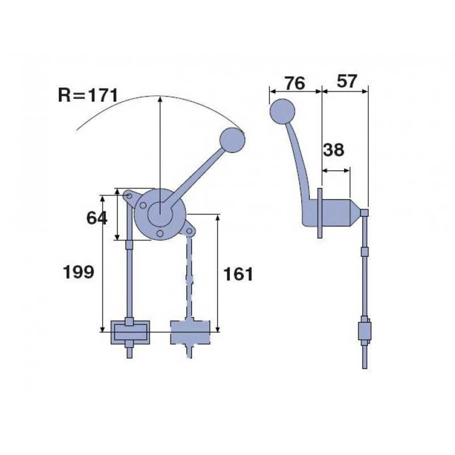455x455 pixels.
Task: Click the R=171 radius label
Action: click(88, 96)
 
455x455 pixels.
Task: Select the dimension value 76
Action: click(295, 83)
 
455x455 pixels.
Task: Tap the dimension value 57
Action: click(347, 82)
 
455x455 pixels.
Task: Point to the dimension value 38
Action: click(333, 150)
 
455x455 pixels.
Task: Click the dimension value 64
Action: click(97, 218)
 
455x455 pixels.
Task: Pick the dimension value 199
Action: click(78, 272)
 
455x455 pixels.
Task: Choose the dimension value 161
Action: click(238, 274)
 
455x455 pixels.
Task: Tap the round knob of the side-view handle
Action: click(282, 111)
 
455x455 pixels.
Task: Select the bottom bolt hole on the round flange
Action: click(160, 233)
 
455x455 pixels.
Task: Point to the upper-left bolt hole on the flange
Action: click(143, 205)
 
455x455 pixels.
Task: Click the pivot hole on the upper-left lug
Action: click(129, 196)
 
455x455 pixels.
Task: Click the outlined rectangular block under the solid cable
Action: click(130, 333)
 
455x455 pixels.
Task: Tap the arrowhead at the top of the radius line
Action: click(160, 98)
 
